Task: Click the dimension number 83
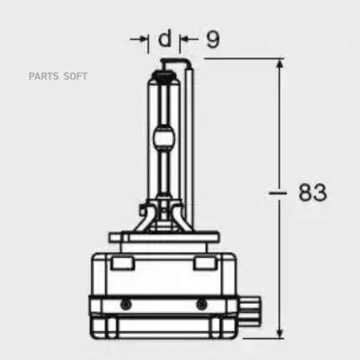tap(312, 193)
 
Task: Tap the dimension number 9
tap(213, 39)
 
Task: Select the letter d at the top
tap(164, 38)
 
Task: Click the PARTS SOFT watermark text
tap(58, 76)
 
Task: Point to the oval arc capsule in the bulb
tap(164, 138)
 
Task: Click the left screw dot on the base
tap(126, 304)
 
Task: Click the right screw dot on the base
tap(201, 304)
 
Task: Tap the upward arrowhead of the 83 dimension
tap(280, 64)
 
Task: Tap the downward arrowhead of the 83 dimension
tap(280, 333)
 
